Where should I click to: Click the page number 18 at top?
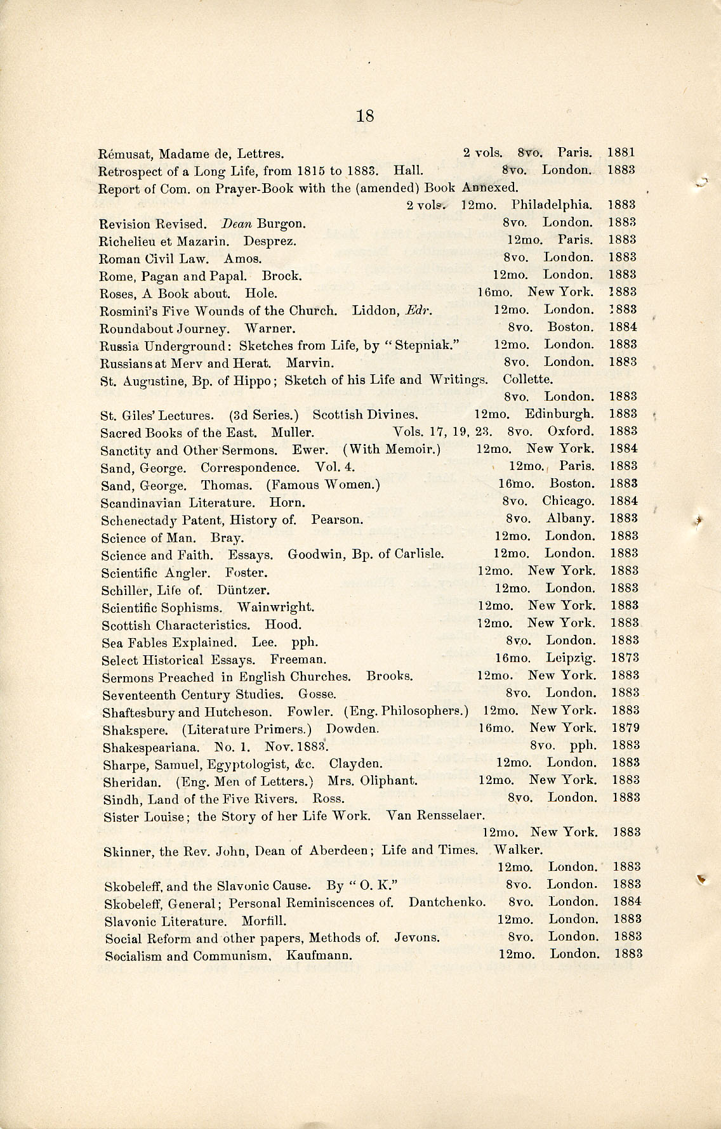[365, 116]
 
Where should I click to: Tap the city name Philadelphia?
[552, 205]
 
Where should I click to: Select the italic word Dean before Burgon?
[236, 223]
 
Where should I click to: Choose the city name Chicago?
[568, 501]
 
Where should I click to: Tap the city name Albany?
[571, 519]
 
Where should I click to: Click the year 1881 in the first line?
[621, 153]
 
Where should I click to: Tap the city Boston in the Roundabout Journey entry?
[571, 327]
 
